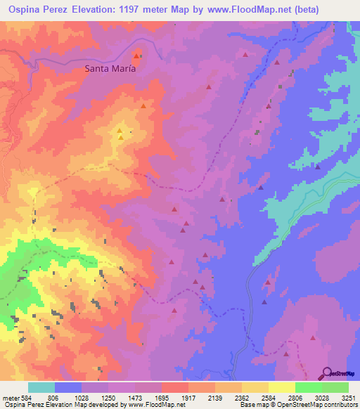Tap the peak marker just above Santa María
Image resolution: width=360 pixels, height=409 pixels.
(136, 56)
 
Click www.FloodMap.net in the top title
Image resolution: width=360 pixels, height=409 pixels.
(227, 10)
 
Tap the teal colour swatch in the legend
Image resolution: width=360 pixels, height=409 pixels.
(41, 387)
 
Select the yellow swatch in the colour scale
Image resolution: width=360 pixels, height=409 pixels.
(282, 387)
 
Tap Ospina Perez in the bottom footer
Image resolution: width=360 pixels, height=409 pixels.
(21, 405)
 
